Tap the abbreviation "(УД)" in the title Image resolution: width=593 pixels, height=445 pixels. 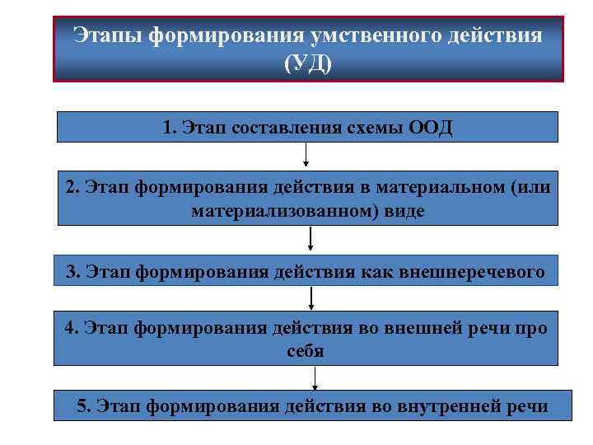pyautogui.click(x=308, y=63)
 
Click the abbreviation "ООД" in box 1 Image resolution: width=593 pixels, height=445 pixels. pyautogui.click(x=431, y=129)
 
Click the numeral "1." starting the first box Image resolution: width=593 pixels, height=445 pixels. pyautogui.click(x=170, y=129)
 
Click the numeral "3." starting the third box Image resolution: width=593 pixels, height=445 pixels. pyautogui.click(x=72, y=271)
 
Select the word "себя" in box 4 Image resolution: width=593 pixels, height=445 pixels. pyautogui.click(x=306, y=350)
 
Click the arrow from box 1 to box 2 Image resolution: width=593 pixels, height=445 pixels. pyautogui.click(x=306, y=155)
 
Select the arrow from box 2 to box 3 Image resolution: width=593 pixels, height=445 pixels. pyautogui.click(x=311, y=238)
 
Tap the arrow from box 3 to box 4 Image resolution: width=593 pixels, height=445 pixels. pyautogui.click(x=312, y=297)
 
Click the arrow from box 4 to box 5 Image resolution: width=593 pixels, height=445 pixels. pyautogui.click(x=315, y=378)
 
